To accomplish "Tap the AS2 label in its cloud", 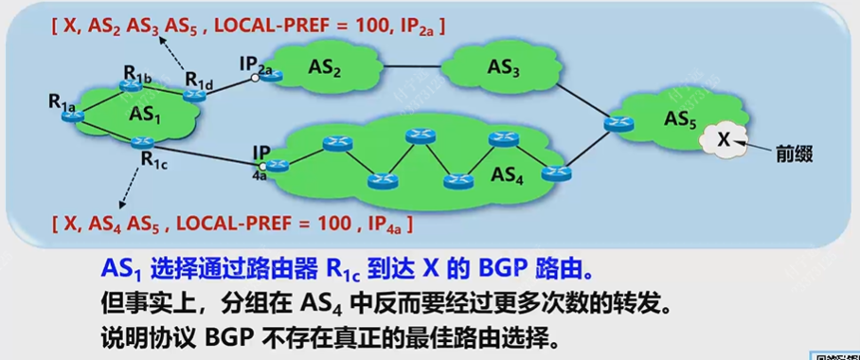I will coord(322,69).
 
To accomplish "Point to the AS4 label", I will coord(511,176).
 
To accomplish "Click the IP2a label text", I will coord(257,63).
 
